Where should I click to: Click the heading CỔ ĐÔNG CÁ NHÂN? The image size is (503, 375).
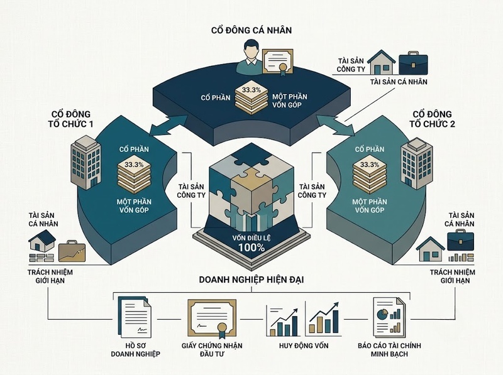[251, 30]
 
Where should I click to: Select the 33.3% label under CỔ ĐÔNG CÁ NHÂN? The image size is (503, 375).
[251, 90]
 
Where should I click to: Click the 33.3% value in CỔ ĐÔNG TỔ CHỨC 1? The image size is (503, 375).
[134, 165]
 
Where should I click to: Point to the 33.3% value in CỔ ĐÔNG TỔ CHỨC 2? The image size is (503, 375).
[370, 165]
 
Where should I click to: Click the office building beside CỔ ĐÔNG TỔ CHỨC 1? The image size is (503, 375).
[86, 162]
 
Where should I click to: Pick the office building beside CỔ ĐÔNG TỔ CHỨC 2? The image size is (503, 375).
[416, 163]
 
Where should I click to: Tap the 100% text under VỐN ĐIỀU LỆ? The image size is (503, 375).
[251, 247]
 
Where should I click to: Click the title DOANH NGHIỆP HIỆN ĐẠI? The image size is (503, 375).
[251, 280]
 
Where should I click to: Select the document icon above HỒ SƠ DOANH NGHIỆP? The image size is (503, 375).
[135, 317]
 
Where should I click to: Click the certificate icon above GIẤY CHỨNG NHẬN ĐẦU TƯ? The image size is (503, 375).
[212, 318]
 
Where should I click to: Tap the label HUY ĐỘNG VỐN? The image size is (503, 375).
[304, 346]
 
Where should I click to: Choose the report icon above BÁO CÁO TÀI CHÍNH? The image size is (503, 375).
[389, 317]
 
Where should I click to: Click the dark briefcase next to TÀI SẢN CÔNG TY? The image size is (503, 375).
[413, 63]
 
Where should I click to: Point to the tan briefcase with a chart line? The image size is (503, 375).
[72, 251]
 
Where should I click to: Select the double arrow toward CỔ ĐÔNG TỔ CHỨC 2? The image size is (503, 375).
[335, 126]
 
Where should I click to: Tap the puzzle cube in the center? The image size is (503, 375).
[251, 185]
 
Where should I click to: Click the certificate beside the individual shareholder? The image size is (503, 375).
[278, 63]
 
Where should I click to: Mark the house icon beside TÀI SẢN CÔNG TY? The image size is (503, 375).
[381, 62]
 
